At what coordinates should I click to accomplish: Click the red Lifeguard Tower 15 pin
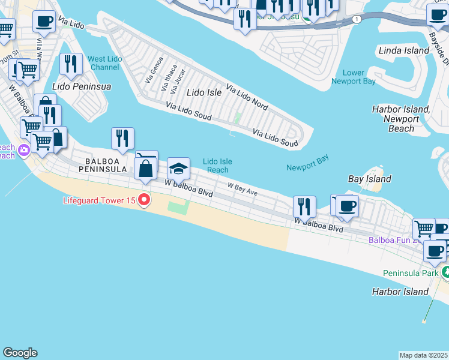pos(144,200)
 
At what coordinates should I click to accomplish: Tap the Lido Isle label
pos(204,92)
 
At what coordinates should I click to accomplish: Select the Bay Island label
pos(370,179)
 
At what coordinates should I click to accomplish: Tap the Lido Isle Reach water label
pos(217,166)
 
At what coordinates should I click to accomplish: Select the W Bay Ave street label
pos(243,190)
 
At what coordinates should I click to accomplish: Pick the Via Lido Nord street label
pos(247,96)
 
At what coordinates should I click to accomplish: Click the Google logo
pos(20,353)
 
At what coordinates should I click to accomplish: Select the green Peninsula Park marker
pos(445,272)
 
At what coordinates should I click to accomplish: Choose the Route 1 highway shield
pos(358,20)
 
